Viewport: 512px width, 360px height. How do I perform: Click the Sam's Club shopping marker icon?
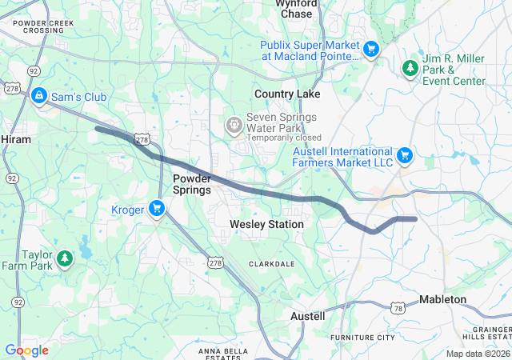[38, 97]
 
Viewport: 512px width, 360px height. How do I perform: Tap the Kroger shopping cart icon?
[157, 210]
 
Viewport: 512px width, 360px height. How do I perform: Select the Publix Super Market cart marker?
[370, 50]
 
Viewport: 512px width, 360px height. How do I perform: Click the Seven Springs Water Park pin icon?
[233, 124]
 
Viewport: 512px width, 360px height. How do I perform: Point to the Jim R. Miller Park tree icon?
[410, 69]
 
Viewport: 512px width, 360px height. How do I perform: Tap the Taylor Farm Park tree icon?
[65, 259]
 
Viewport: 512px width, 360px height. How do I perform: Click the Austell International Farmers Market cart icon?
[405, 154]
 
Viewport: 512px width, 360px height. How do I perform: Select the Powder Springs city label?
[192, 184]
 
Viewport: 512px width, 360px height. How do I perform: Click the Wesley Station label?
[266, 225]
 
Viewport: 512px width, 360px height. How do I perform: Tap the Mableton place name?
[443, 299]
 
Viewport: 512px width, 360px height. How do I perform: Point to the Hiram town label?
[16, 139]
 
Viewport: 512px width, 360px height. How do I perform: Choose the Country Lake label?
[287, 94]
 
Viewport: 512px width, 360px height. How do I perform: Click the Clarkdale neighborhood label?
[272, 263]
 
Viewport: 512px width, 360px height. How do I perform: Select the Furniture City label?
[362, 338]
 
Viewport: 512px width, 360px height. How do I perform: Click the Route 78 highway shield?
[398, 308]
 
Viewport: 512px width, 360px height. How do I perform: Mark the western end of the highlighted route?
[97, 127]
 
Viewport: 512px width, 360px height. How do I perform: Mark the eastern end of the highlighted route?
[415, 218]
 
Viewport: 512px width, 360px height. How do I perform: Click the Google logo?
[26, 350]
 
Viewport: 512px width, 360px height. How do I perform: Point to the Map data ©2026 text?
[477, 354]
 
